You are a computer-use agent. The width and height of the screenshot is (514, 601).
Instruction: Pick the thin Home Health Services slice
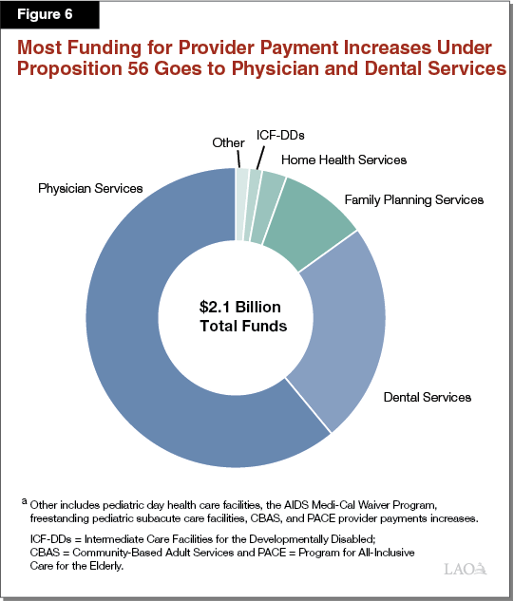coord(272,181)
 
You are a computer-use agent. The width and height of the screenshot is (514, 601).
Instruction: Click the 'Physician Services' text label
coord(90,188)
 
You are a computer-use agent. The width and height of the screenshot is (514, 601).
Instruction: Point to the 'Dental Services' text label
coord(427,397)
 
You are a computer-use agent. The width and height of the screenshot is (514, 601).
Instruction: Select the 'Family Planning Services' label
coord(413,199)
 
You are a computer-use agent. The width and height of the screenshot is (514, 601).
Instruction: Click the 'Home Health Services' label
coord(344,160)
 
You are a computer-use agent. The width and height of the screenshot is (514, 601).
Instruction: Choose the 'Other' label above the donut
coord(228,142)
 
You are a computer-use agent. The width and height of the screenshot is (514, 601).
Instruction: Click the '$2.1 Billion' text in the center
coord(242,307)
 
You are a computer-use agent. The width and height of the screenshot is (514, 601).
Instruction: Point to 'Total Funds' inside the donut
coord(242,326)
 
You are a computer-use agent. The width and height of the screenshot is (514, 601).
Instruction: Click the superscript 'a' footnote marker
coord(23,500)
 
